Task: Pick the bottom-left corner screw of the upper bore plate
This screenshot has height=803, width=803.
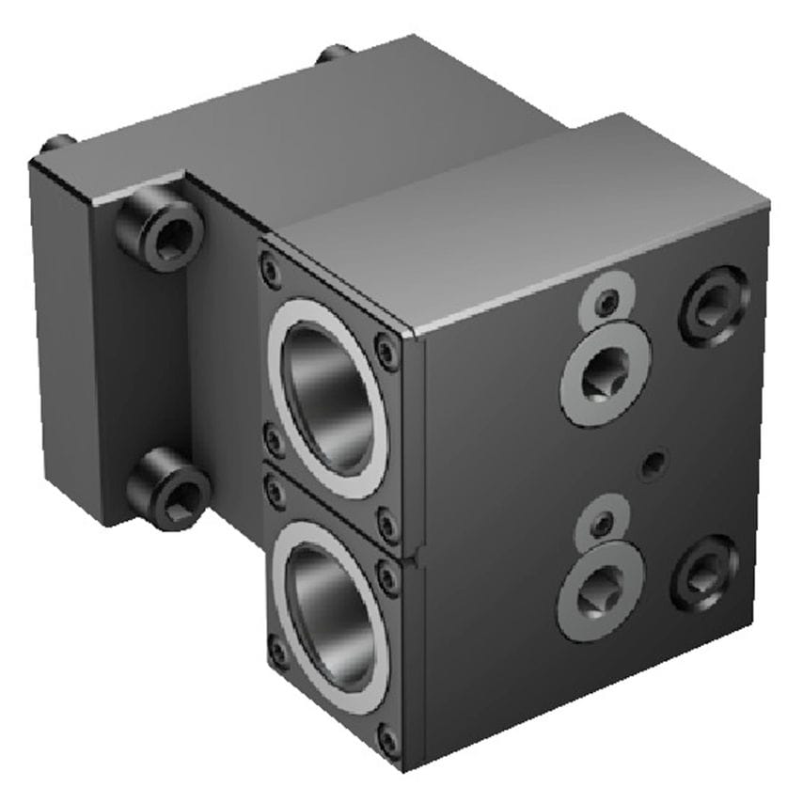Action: (274, 438)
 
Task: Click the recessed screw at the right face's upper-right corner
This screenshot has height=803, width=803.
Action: (715, 305)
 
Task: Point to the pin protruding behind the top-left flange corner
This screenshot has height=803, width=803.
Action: (56, 147)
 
